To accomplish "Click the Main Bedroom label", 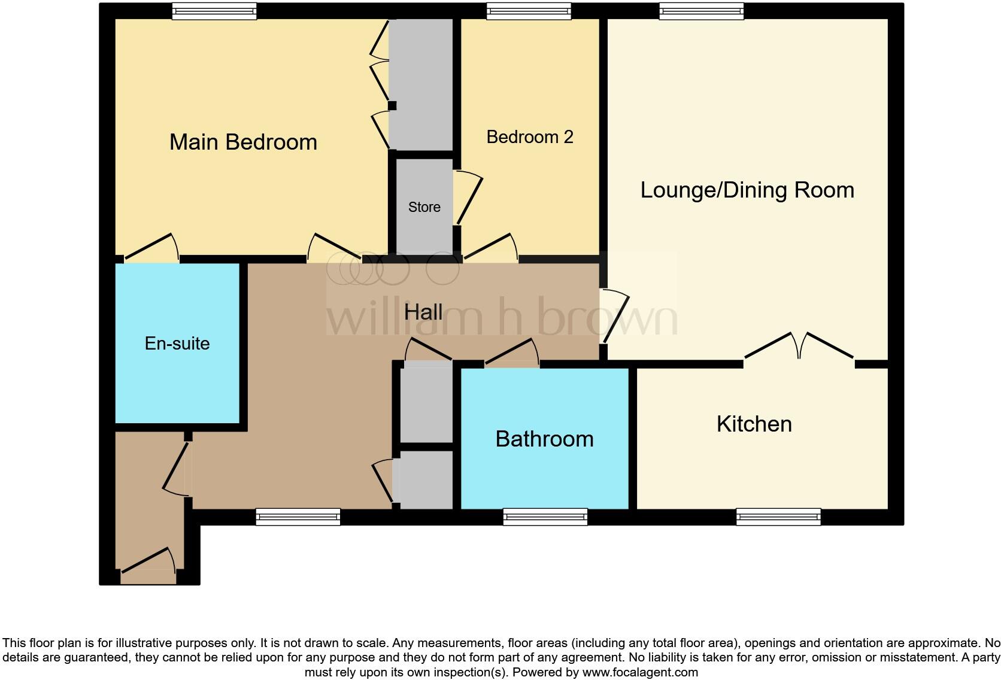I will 243,142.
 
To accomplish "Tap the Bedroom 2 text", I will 529,137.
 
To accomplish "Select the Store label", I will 424,207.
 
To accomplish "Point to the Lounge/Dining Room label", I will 747,190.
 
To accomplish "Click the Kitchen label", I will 754,424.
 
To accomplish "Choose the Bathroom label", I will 544,439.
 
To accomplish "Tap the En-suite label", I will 177,344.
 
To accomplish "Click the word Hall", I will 423,312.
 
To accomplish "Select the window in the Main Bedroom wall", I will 214,11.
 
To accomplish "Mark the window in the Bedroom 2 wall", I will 529,11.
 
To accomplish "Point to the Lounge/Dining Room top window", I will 701,11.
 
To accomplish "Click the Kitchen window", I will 778,517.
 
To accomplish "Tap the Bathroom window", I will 545,517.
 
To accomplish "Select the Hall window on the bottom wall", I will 298,517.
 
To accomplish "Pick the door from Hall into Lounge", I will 615,317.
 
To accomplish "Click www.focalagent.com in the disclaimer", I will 640,672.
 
